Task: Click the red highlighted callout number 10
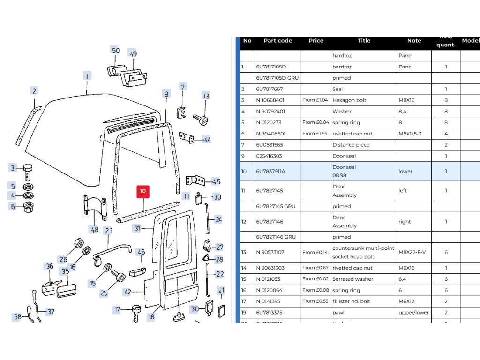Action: (x=142, y=191)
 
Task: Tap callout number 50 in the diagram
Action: (x=115, y=51)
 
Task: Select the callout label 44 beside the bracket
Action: (x=207, y=140)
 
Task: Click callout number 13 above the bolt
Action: (x=206, y=97)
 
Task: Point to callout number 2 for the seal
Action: (x=34, y=91)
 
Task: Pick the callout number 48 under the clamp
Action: (x=95, y=229)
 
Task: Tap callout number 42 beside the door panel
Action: (x=127, y=292)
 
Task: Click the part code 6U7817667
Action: (x=270, y=89)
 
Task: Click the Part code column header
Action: (x=277, y=41)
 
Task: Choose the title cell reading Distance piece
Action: (x=351, y=145)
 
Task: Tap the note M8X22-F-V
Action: (x=412, y=252)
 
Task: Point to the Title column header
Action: (x=364, y=41)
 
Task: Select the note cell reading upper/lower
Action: (x=413, y=313)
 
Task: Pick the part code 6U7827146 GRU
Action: (x=277, y=237)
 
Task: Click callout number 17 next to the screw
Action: (x=118, y=309)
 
